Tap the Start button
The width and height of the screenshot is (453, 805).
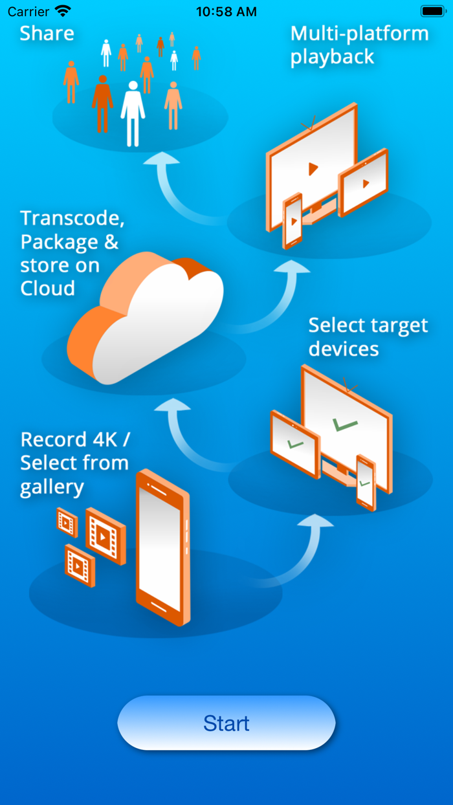pos(226,723)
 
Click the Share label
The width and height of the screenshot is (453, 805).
pos(47,34)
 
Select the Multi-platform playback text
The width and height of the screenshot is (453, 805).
pos(359,45)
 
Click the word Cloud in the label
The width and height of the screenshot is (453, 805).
pos(47,288)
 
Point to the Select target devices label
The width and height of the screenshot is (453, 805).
pos(368,336)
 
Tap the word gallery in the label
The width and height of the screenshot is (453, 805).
pos(52,487)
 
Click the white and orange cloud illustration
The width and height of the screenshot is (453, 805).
pos(146,317)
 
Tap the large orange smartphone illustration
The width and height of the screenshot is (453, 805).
pos(162,547)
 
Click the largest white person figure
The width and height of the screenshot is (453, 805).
pos(133,113)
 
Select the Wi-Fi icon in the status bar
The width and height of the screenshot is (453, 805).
pos(63,11)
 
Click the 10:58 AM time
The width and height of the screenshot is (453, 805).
pos(226,12)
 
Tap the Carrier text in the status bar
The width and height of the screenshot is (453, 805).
pos(28,12)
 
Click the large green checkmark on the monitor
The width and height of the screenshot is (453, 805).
pos(344,425)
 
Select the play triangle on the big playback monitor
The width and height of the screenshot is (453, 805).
pos(313,169)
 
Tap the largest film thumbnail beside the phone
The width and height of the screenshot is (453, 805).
pos(105,536)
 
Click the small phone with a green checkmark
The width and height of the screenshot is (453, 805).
pos(366,482)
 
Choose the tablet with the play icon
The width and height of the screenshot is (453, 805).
pos(364,182)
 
